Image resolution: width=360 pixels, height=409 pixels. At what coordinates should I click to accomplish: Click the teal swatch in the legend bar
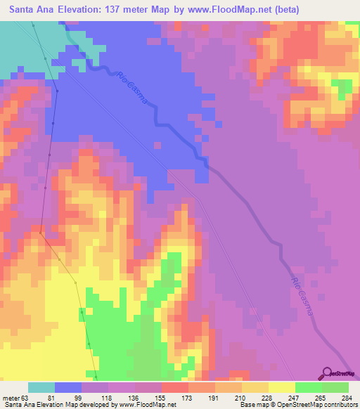(x=41, y=387)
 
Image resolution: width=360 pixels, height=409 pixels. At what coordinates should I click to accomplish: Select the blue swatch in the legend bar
(x=68, y=387)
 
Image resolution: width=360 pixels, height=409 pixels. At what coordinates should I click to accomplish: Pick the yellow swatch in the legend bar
(x=281, y=387)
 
